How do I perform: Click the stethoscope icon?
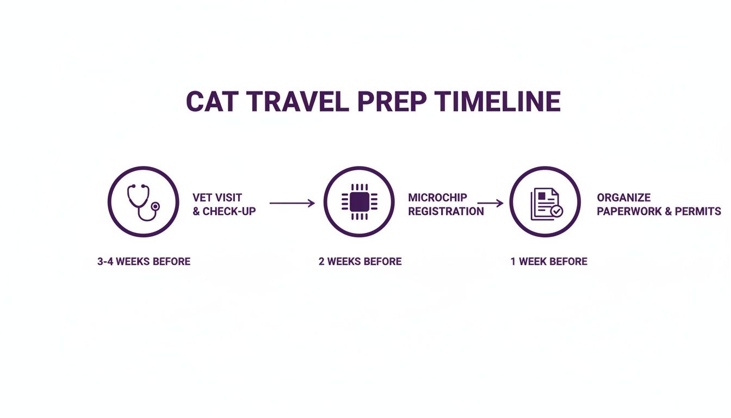(143, 202)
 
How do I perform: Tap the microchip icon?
(359, 202)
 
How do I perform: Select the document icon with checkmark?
(545, 202)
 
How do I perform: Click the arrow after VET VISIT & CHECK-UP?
(292, 203)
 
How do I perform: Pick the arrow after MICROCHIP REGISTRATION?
(491, 203)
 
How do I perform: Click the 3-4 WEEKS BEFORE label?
(144, 261)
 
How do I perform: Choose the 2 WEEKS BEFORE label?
(360, 261)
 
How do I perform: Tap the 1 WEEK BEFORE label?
(549, 261)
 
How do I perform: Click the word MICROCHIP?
(437, 198)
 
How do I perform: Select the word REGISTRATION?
(446, 211)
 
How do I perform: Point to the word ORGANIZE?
(623, 198)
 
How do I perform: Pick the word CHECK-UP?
(229, 211)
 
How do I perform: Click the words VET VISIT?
(217, 198)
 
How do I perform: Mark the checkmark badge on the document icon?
(556, 211)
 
